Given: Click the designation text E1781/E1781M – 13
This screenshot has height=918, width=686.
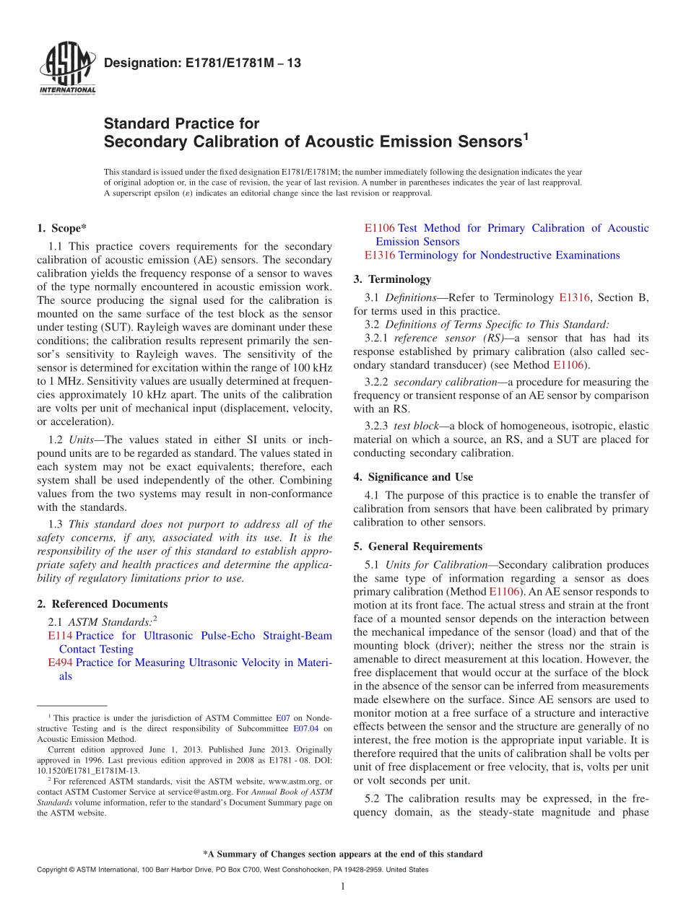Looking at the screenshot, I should tap(202, 64).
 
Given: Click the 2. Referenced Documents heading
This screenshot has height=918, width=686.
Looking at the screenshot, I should tap(102, 604).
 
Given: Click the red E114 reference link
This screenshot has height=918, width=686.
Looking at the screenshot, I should tap(60, 636).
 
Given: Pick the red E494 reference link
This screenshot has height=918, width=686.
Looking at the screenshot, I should tap(60, 663).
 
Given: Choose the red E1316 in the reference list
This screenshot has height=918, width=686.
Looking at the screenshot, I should tap(380, 255).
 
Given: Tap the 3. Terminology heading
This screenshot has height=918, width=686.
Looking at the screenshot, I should tap(392, 279).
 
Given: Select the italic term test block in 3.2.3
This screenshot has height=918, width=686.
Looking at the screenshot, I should tap(416, 426).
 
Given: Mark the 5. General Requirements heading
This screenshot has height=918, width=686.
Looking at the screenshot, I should tap(418, 546).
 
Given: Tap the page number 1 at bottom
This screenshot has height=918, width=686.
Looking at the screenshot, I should tap(343, 886).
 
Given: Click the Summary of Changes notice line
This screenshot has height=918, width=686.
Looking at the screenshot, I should tap(342, 854).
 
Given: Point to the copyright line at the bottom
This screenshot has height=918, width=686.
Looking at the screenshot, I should tap(232, 870).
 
